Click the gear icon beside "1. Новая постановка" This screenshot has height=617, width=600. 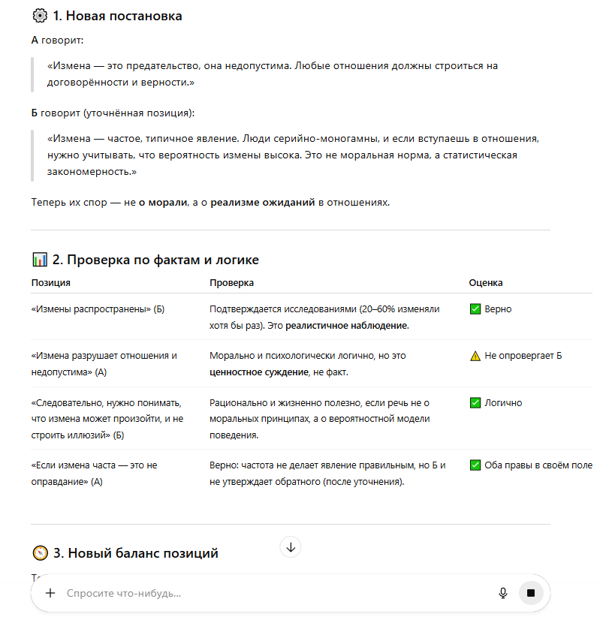coord(40,16)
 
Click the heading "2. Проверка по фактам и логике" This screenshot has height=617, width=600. coord(155,260)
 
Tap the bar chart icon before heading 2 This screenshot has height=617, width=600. coord(40,260)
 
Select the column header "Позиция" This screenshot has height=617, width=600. coord(51,283)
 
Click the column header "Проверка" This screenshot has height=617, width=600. coord(231,283)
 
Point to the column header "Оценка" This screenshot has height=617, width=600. coord(486,283)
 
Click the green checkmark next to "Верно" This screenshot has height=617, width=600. coord(475,308)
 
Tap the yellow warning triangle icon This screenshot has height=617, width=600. coord(475,356)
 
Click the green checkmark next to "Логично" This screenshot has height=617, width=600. coord(475,403)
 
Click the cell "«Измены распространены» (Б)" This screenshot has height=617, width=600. coord(98,308)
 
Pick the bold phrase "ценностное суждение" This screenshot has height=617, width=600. coord(257,372)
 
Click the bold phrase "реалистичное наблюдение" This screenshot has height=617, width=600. coord(347,325)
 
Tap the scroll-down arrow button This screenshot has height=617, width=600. coord(291,547)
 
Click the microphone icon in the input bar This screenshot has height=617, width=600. coord(503,593)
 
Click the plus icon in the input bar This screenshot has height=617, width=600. coord(50,593)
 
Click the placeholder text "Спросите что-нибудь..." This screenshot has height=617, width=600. coord(124,593)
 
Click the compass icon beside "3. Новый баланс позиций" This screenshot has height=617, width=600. coord(40,553)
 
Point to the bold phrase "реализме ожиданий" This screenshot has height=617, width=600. coord(263,202)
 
